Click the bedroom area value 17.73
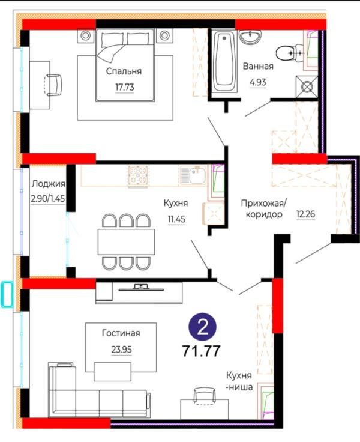click(124, 87)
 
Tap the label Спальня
click(124, 71)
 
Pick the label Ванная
click(258, 67)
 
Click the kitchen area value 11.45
click(176, 219)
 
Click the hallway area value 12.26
click(305, 213)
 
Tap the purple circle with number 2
click(203, 328)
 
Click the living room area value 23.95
click(121, 349)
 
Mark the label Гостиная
click(121, 333)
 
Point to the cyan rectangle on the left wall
click(8, 294)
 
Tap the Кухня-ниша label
click(239, 381)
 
